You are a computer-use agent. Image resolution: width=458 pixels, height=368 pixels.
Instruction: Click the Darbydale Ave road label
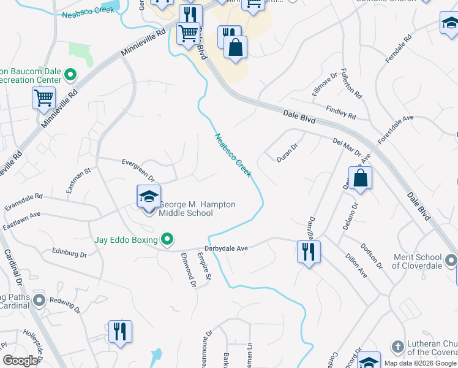(x=226, y=248)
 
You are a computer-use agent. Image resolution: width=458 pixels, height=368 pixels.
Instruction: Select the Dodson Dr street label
(x=371, y=256)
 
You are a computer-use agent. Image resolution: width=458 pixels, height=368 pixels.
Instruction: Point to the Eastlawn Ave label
(x=21, y=217)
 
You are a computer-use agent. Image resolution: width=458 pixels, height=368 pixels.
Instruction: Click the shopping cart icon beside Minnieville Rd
(x=43, y=97)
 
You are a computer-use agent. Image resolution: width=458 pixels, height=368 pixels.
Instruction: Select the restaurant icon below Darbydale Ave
(x=307, y=251)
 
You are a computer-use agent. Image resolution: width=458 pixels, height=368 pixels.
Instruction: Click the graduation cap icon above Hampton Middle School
(x=149, y=196)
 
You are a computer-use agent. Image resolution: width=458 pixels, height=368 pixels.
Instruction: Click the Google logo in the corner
(x=20, y=361)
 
